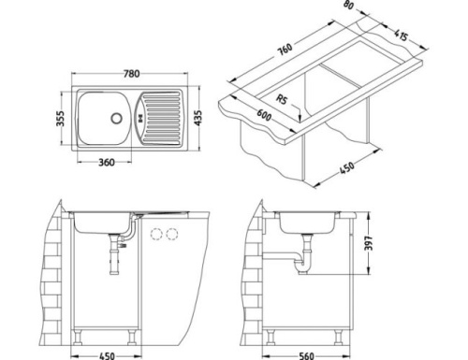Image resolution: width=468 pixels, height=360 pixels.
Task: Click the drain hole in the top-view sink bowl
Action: pos(117,117)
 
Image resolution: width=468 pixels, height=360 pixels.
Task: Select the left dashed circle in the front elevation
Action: pos(155,233)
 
